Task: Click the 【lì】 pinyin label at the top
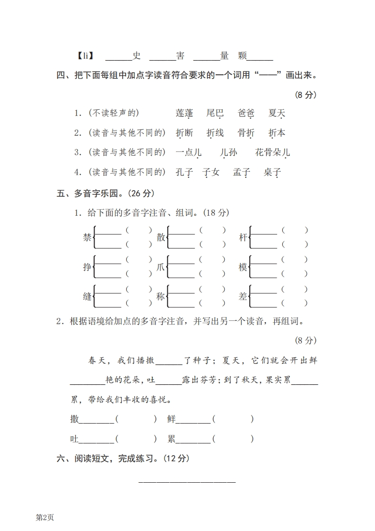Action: click(85, 56)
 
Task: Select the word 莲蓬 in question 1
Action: click(184, 113)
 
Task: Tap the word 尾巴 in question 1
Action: click(215, 113)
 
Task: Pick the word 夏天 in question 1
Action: click(277, 113)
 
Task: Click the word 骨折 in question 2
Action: click(246, 133)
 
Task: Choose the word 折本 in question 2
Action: click(277, 133)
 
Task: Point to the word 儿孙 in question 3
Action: click(228, 152)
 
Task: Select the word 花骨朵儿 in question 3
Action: click(272, 152)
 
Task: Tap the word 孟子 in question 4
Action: click(241, 172)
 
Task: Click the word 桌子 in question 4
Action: click(272, 172)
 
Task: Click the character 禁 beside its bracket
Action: click(87, 238)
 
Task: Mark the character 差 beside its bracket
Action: click(243, 297)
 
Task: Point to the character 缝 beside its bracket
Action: click(87, 297)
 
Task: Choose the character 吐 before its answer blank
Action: click(74, 439)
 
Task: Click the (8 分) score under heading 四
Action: click(305, 95)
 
